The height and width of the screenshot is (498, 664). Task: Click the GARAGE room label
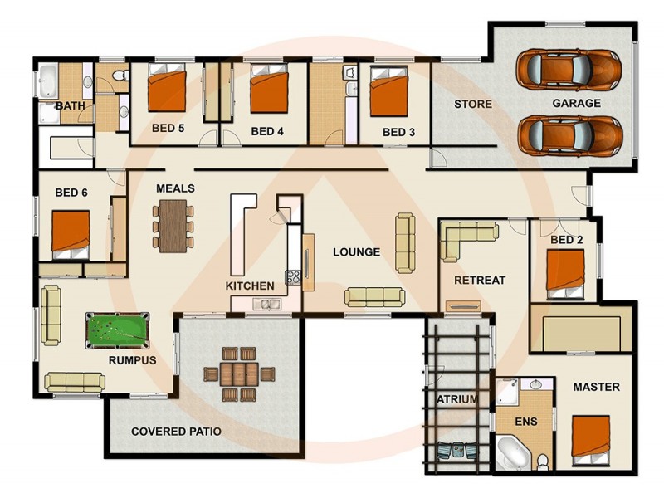click(576, 104)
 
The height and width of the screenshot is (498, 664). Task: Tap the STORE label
click(472, 105)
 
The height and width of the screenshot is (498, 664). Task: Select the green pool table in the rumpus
click(117, 330)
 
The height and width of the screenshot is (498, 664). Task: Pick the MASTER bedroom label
click(596, 387)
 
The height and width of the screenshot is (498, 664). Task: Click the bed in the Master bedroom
click(592, 437)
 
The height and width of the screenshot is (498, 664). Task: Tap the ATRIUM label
click(457, 399)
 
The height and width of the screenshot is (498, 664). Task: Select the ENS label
click(525, 422)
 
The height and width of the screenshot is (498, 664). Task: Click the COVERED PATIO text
click(176, 432)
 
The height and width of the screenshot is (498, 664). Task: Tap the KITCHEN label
click(250, 286)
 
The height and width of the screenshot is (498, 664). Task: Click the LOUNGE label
click(356, 252)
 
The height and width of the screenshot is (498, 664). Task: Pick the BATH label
click(70, 106)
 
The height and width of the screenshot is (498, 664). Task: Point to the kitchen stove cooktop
click(292, 277)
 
